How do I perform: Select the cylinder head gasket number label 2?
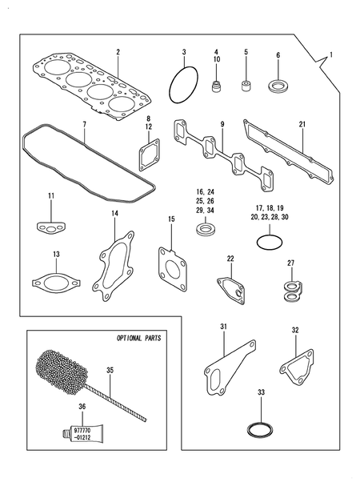tap(118, 52)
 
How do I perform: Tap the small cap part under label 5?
tap(246, 85)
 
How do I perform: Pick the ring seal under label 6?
tap(278, 86)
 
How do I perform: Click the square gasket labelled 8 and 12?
tap(140, 155)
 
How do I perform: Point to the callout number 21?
tap(302, 124)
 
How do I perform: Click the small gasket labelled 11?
tap(51, 228)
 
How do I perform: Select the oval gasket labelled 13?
tap(34, 283)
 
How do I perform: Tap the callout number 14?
tap(114, 213)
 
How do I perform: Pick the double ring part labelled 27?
tap(292, 291)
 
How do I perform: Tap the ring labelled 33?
tap(249, 430)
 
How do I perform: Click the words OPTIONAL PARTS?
tap(138, 338)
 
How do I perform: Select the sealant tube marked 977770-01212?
tap(79, 432)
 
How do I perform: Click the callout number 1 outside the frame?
tap(331, 55)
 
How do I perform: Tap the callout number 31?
tap(224, 327)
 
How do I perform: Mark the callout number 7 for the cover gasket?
tap(85, 124)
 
